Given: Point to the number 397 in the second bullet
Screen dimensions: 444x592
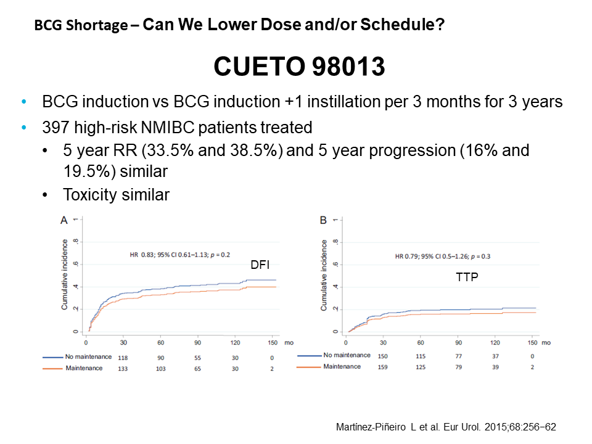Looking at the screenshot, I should (55, 128).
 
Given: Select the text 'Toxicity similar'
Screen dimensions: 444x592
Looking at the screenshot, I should (116, 195).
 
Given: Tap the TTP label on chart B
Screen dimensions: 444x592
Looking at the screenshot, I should (466, 278).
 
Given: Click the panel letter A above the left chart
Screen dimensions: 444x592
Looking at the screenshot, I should (64, 220).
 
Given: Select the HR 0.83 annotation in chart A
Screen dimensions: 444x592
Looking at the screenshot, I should (175, 254).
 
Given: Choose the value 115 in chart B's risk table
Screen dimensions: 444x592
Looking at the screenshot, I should (421, 356).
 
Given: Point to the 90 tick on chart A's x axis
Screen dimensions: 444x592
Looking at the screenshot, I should (199, 343).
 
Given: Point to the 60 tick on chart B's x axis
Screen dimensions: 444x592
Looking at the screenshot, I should (421, 343).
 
